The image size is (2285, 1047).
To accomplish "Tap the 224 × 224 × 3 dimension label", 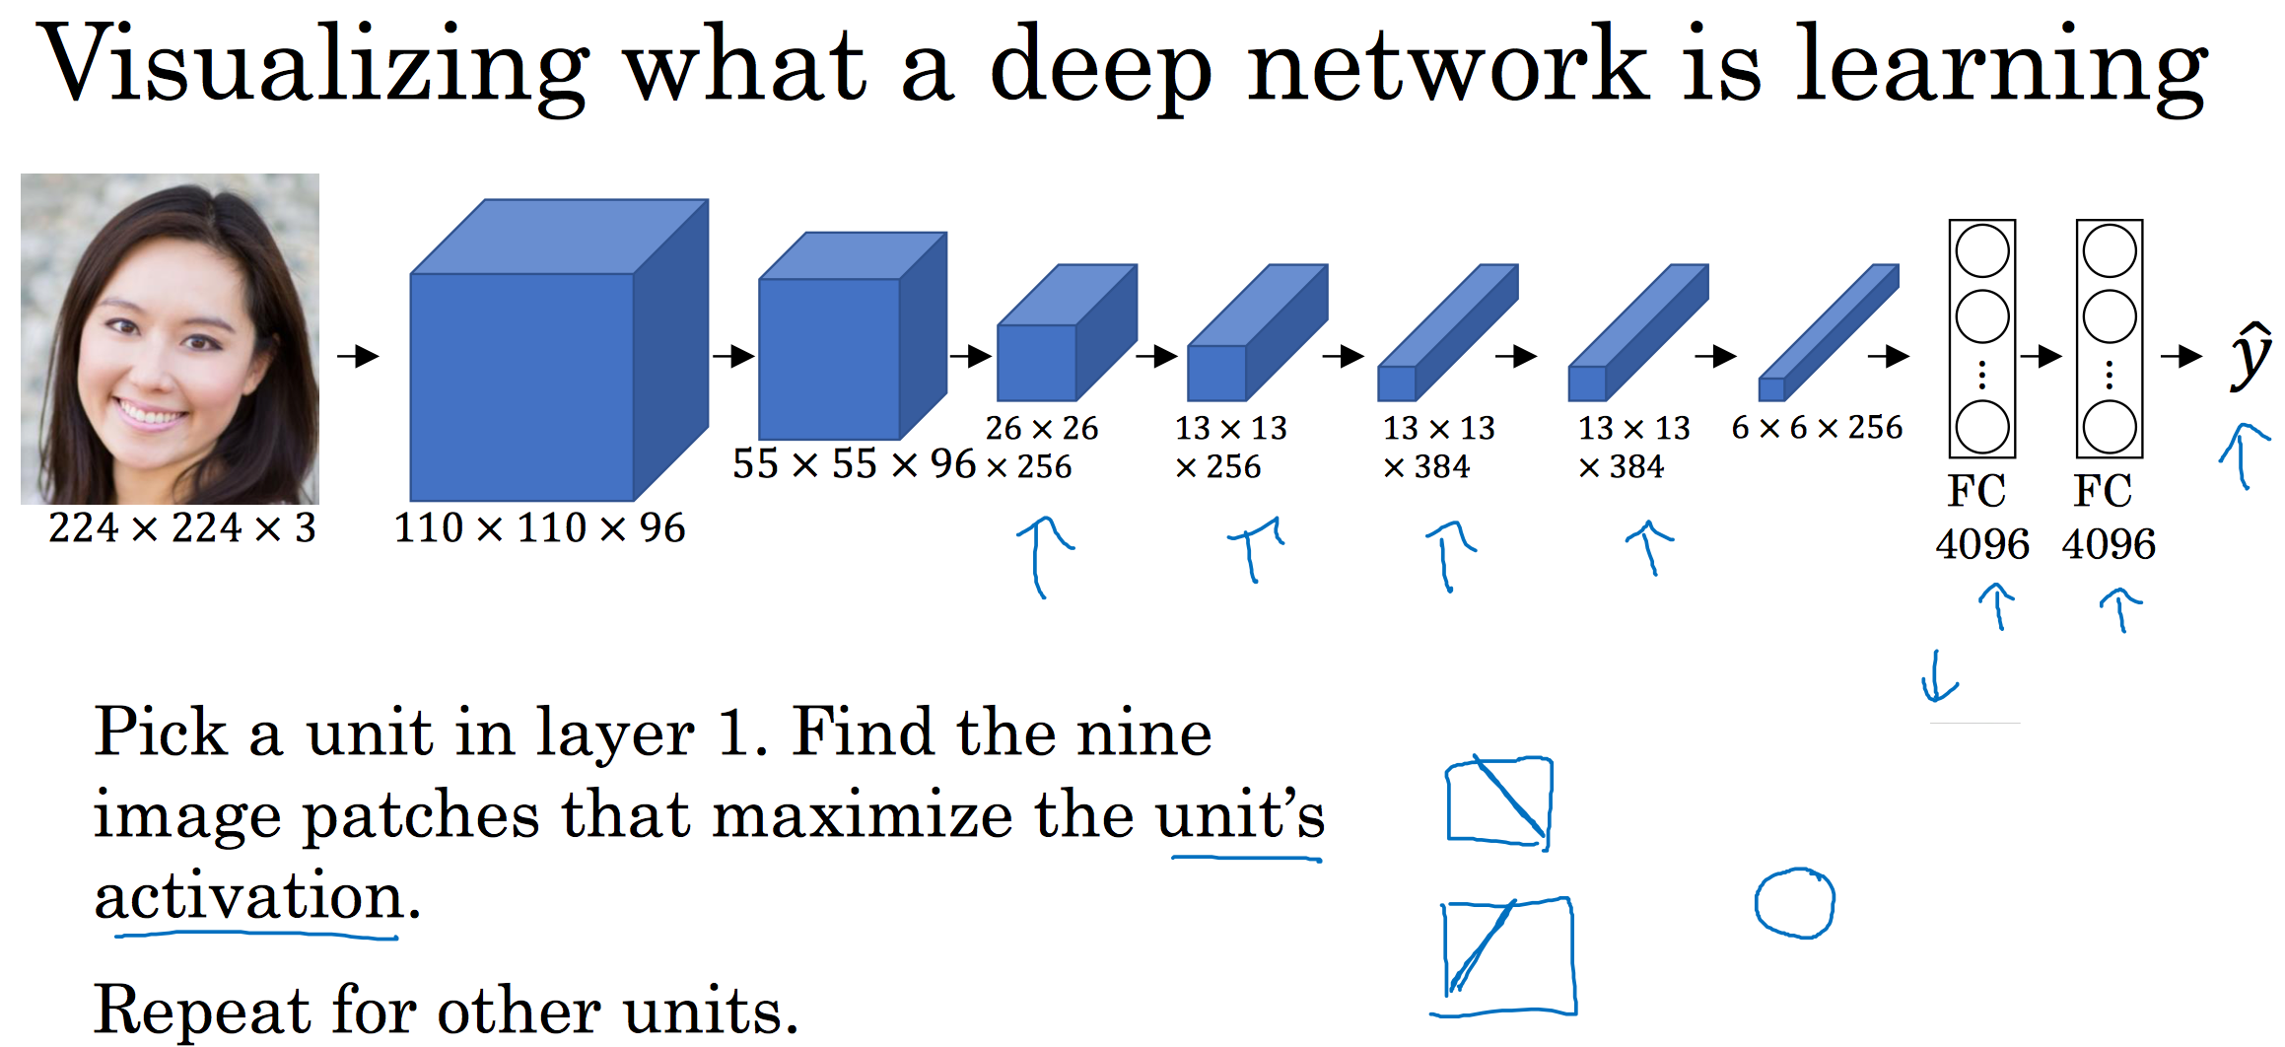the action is [x=182, y=528].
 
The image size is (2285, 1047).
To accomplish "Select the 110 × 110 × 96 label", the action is [x=539, y=528].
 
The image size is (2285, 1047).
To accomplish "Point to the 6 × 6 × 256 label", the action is [x=1817, y=428].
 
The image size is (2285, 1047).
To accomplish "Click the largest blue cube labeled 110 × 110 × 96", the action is [x=522, y=384].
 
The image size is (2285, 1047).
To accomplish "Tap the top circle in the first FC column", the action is [x=1982, y=251].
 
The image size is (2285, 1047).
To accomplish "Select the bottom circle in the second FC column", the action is [x=2110, y=427].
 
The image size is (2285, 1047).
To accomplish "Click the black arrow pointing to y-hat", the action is [x=2181, y=356].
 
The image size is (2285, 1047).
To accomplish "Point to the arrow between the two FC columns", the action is [x=2042, y=356].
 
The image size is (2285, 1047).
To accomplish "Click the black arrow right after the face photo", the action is [x=358, y=356].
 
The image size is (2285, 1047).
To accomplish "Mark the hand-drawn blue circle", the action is [x=1794, y=903].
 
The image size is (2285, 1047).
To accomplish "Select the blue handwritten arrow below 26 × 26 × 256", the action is [x=1042, y=556].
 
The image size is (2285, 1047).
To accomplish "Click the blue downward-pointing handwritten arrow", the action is [x=1938, y=678].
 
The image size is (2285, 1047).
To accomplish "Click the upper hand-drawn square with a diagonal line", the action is [x=1497, y=801].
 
